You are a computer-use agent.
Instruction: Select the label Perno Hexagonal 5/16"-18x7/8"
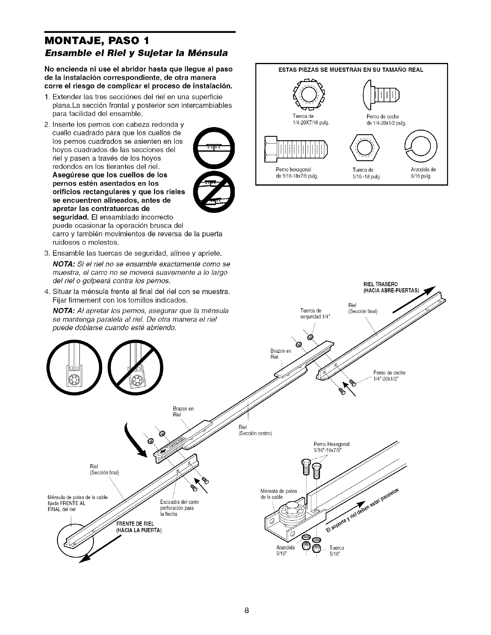pyautogui.click(x=332, y=447)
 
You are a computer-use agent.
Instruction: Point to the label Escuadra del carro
pyautogui.click(x=177, y=502)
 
